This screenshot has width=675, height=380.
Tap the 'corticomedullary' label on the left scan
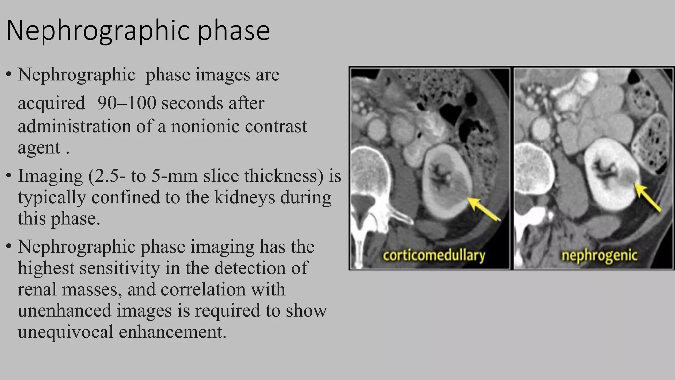434,255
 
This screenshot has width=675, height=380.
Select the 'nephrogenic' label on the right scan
599,255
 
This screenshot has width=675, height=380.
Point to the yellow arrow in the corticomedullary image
484,208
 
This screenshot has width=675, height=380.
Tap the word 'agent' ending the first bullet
39,147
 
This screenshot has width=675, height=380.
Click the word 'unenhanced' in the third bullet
64,311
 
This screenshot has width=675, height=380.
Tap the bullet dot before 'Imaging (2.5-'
9,176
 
